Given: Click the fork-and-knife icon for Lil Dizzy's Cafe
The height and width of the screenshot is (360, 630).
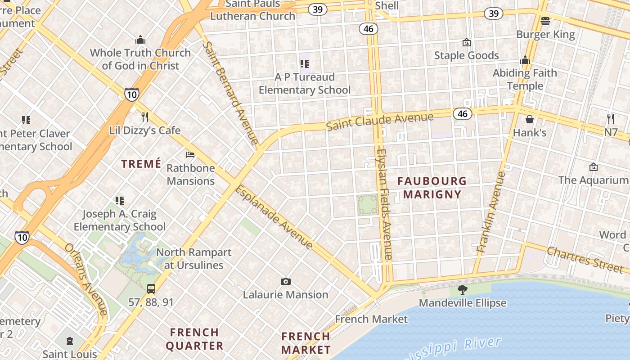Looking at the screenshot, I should (145, 117).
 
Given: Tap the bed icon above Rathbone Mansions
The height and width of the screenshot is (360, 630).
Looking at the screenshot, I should (191, 155).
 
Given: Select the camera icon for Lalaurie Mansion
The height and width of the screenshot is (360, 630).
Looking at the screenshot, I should (285, 282).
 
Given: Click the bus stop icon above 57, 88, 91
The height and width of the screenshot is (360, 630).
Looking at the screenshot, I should (151, 288).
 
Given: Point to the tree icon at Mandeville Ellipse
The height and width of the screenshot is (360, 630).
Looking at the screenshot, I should (462, 289).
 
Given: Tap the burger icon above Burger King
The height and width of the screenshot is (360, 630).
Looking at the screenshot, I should (545, 21).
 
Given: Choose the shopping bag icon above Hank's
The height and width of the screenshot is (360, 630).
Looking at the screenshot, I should (530, 119).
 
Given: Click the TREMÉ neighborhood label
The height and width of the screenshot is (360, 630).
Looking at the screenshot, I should (141, 164).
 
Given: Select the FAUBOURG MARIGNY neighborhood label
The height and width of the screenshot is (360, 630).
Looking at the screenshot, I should (432, 188).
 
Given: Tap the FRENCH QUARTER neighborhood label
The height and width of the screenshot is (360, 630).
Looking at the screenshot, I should (194, 339).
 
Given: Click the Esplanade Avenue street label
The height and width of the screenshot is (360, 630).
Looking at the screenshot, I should (274, 217).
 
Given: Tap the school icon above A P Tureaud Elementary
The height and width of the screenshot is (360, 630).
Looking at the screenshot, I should (305, 64).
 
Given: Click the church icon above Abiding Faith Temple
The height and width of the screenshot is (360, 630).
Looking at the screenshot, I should (525, 60).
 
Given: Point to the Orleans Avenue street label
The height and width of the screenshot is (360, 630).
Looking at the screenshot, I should (85, 279).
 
